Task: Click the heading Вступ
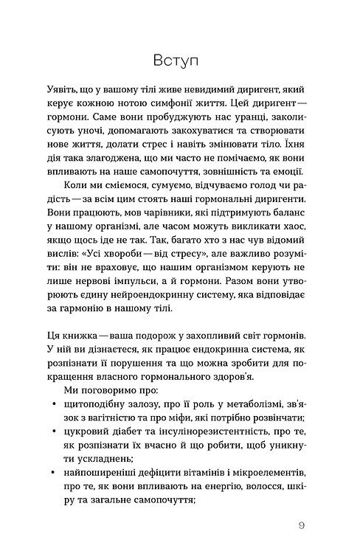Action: click(180, 58)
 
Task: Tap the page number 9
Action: click(303, 525)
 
